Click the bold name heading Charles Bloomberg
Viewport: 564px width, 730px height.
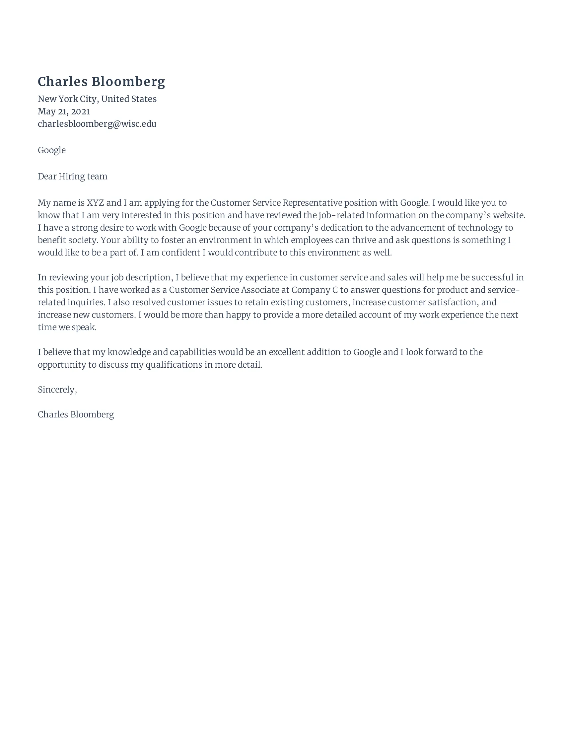[x=101, y=82]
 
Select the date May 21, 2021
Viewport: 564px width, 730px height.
[x=64, y=111]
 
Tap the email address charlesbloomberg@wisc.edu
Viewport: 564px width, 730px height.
[x=97, y=124]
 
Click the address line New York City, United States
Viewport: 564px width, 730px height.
[x=97, y=99]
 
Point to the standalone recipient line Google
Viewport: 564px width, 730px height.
[x=51, y=150]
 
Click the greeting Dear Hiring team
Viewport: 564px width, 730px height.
[x=73, y=177]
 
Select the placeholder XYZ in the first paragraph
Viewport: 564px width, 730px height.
[x=95, y=203]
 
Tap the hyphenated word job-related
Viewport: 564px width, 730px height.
[x=341, y=215]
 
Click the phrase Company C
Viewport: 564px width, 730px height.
[x=315, y=290]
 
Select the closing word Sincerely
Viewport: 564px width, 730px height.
[x=56, y=390]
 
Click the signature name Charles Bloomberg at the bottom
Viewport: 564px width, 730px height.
[x=76, y=414]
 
